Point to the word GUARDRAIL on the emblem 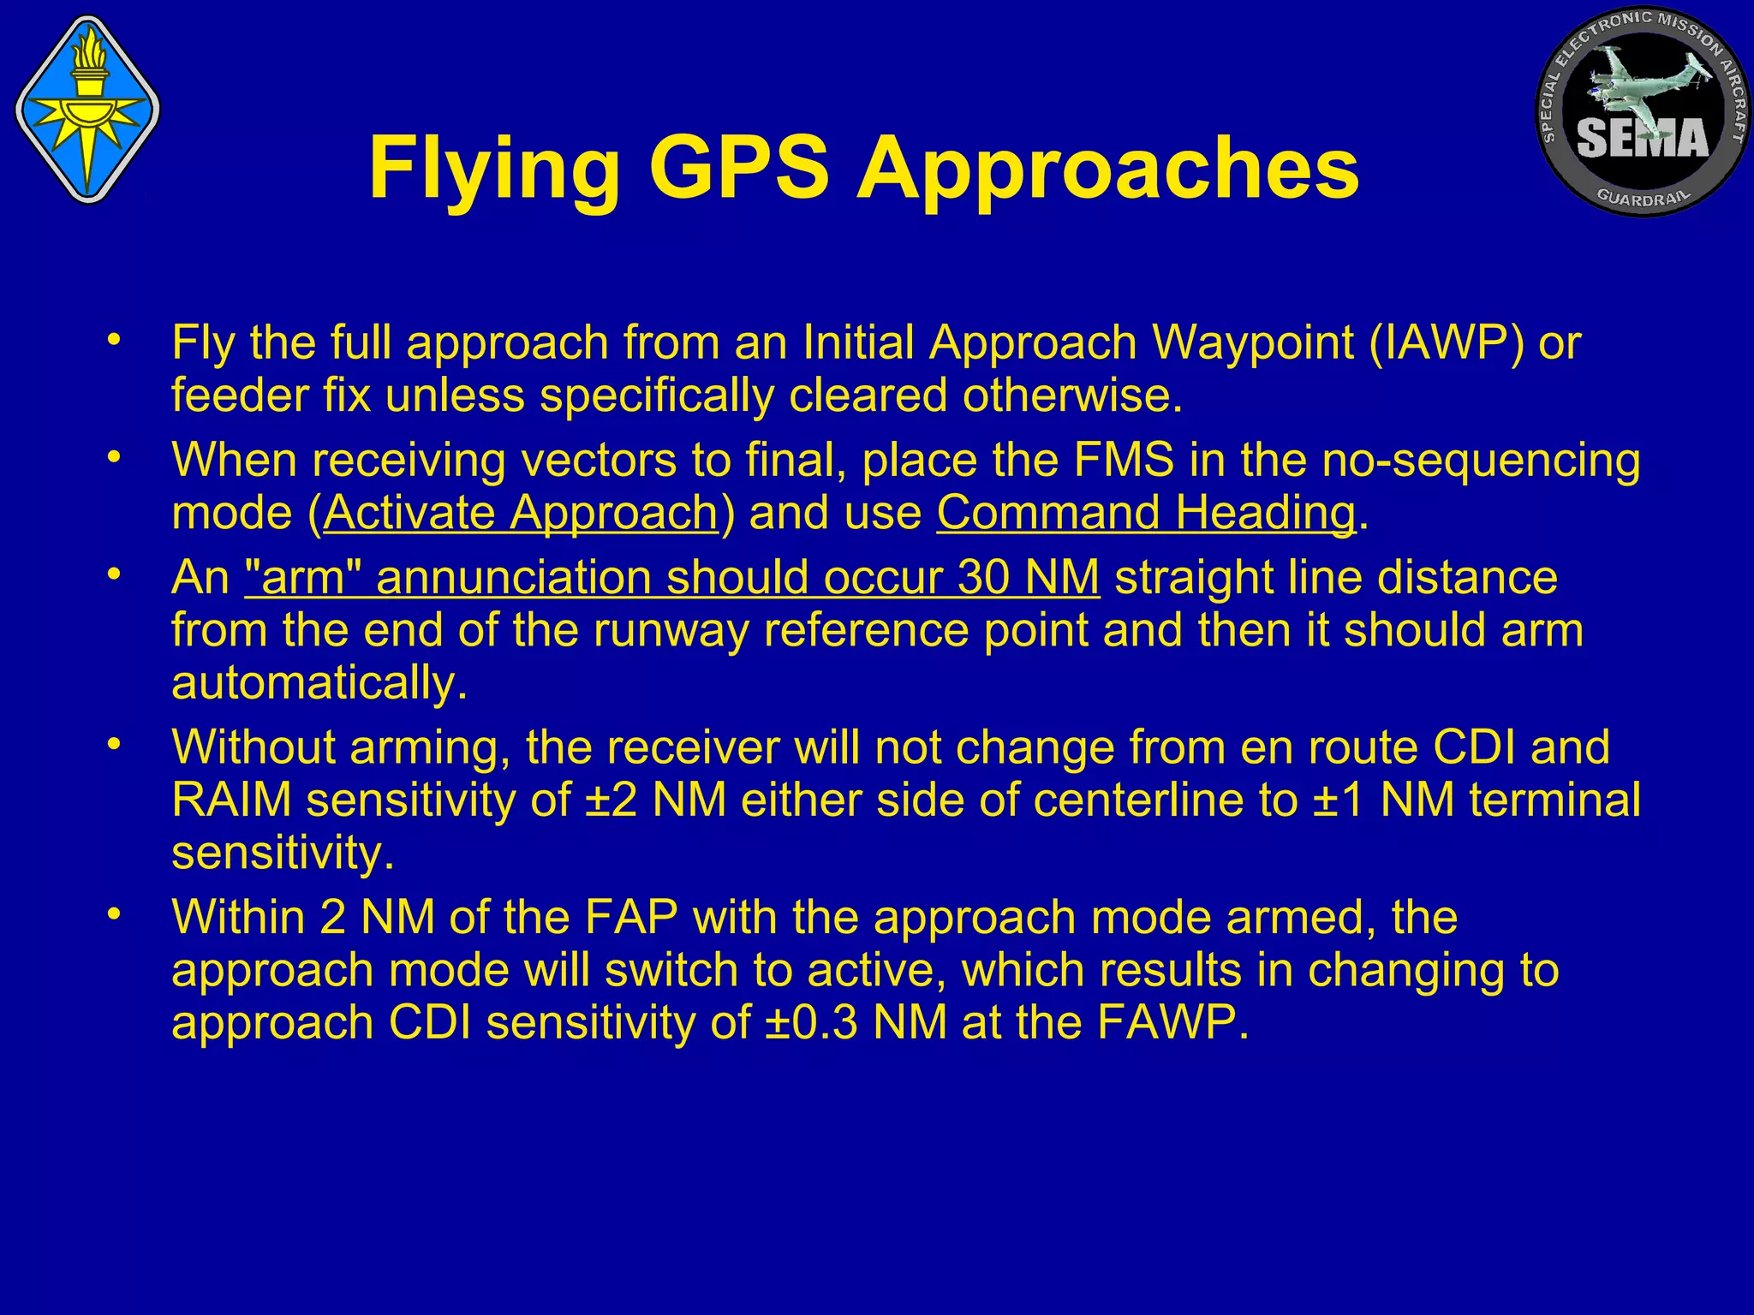(1643, 196)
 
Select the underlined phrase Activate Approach (521, 513)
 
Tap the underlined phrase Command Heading (1146, 513)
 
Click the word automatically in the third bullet (319, 683)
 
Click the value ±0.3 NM (856, 1022)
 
